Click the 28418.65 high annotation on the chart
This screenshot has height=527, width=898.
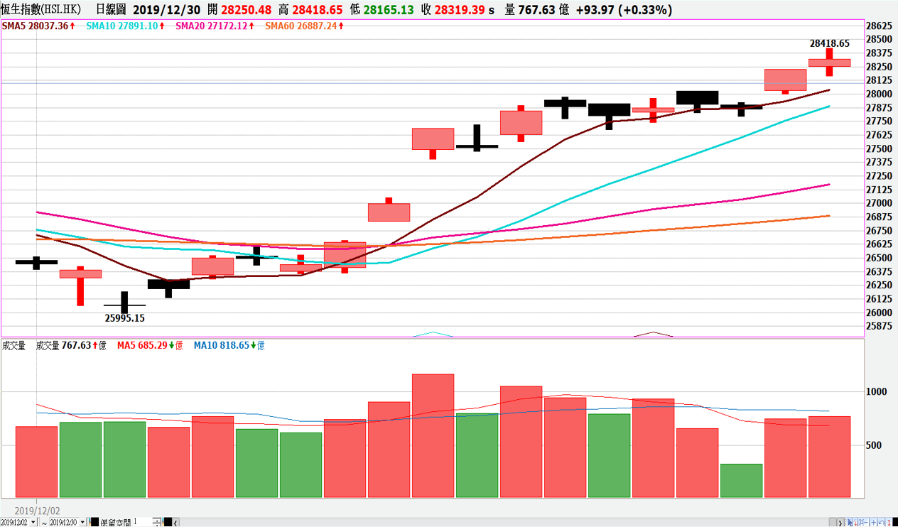click(829, 43)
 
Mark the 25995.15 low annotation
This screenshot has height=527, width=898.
click(124, 319)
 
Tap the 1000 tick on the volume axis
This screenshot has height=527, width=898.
click(877, 392)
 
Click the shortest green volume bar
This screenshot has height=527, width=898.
click(741, 481)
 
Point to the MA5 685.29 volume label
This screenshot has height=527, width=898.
click(145, 346)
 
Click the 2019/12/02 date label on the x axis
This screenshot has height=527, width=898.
click(37, 511)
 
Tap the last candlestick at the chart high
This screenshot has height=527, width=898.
click(829, 63)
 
